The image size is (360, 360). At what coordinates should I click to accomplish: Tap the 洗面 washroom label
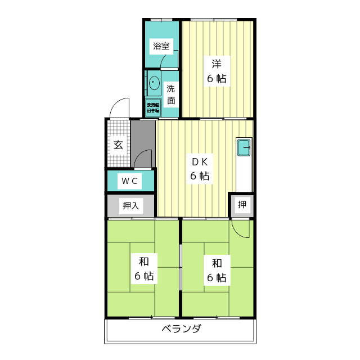pyautogui.click(x=171, y=94)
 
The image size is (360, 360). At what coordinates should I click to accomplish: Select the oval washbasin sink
pyautogui.click(x=154, y=84)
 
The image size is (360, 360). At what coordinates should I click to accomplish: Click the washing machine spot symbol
pyautogui.click(x=153, y=108)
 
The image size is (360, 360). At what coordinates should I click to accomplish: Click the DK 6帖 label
pyautogui.click(x=200, y=169)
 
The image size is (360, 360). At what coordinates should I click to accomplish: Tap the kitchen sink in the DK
pyautogui.click(x=244, y=147)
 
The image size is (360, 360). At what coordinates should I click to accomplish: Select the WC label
pyautogui.click(x=130, y=181)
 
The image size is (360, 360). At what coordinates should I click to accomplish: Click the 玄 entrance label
pyautogui.click(x=119, y=145)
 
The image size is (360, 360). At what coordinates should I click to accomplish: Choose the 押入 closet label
pyautogui.click(x=131, y=206)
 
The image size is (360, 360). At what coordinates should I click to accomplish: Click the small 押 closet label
pyautogui.click(x=241, y=205)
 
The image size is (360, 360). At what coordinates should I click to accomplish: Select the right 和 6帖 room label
pyautogui.click(x=217, y=270)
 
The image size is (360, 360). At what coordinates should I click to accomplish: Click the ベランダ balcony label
pyautogui.click(x=181, y=330)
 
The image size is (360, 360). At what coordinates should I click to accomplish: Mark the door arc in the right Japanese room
pyautogui.click(x=240, y=229)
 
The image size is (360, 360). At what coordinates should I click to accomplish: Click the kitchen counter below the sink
pyautogui.click(x=244, y=174)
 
